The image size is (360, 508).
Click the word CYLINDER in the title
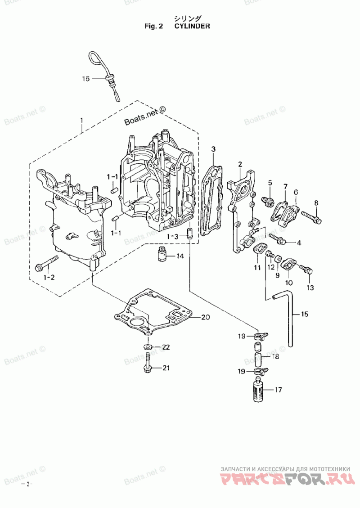click(x=192, y=26)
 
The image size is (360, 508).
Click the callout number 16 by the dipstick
click(x=85, y=79)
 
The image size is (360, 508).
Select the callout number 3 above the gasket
click(x=213, y=149)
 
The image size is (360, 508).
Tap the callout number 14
click(x=180, y=256)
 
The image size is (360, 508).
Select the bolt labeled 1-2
click(x=46, y=263)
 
